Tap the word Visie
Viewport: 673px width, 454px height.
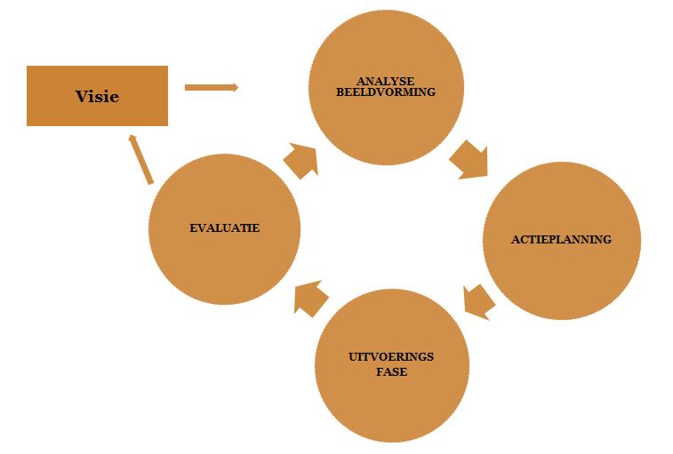click(97, 96)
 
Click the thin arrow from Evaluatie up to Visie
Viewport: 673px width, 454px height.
click(140, 159)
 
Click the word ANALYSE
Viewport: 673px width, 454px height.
click(386, 82)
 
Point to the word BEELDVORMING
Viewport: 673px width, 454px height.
click(386, 92)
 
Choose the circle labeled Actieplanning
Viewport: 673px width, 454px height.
click(561, 267)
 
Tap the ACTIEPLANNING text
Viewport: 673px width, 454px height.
click(561, 240)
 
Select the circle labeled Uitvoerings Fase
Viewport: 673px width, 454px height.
click(392, 400)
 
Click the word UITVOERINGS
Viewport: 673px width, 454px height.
click(392, 357)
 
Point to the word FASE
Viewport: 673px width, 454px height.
click(392, 371)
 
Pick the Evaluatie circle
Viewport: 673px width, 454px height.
click(224, 258)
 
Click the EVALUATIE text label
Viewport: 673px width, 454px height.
click(224, 228)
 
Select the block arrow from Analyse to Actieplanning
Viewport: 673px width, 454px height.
click(469, 159)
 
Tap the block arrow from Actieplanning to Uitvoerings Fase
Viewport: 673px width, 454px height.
click(479, 301)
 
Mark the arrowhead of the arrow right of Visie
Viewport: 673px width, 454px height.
click(234, 87)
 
